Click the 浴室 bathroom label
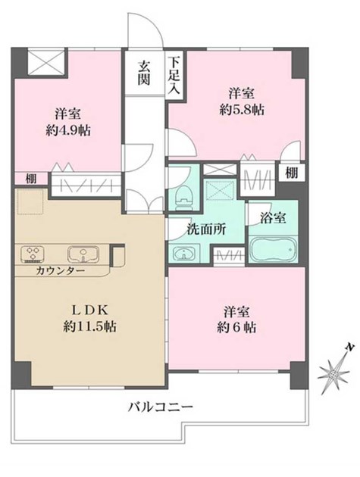point(273,218)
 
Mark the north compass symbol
point(334,369)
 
